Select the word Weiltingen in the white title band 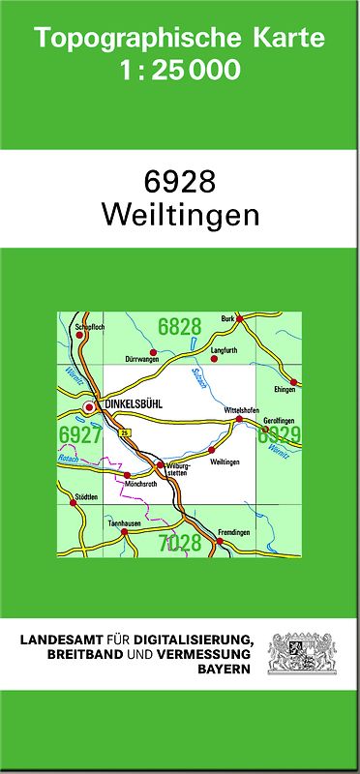pos(180,216)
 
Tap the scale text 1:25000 pos(179,71)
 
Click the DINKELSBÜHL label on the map pos(130,406)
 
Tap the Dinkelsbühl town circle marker pos(89,407)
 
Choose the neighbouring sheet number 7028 pos(180,543)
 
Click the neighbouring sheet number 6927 pos(79,434)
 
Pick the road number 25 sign pos(124,432)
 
